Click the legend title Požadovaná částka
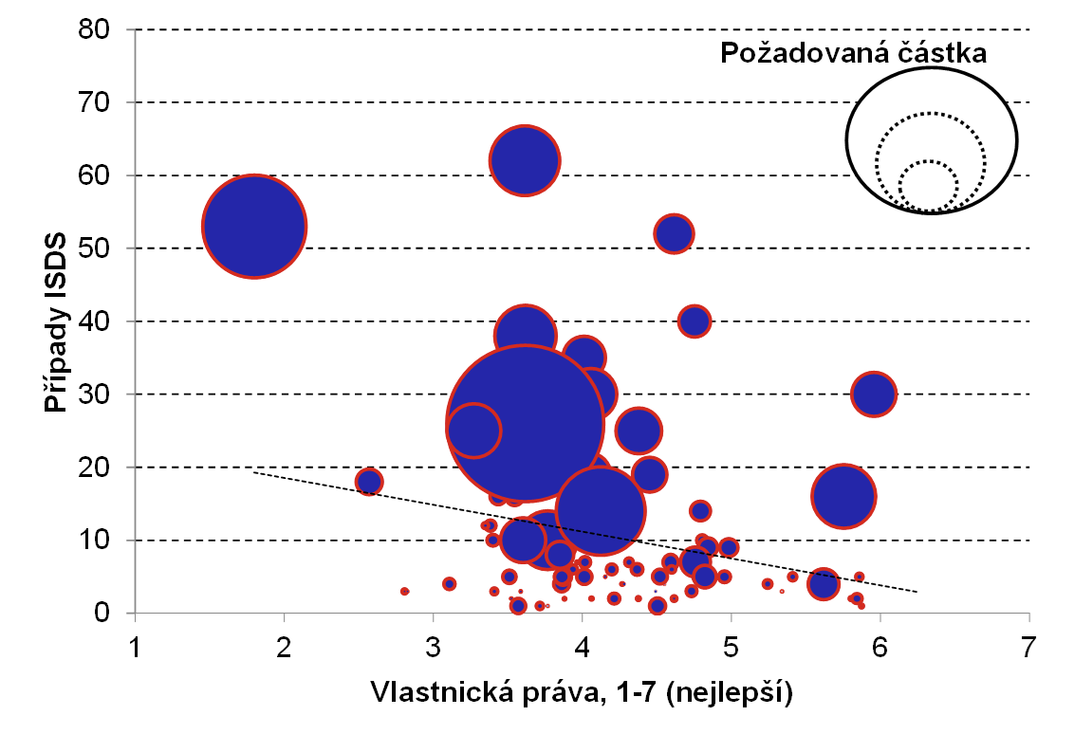[x=854, y=53]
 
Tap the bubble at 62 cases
[x=525, y=160]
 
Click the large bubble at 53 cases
[x=254, y=226]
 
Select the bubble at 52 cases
[x=674, y=233]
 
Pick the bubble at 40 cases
[x=694, y=321]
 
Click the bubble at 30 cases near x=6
[x=875, y=395]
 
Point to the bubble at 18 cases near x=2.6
[x=369, y=482]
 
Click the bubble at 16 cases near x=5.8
[x=843, y=496]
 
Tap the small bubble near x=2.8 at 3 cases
[x=405, y=591]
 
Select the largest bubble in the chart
[x=525, y=424]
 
